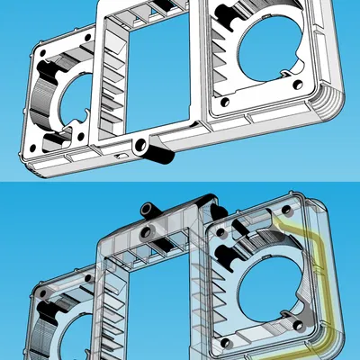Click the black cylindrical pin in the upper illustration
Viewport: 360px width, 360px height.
pos(159,153)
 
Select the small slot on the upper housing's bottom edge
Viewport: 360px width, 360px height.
pos(120,155)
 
